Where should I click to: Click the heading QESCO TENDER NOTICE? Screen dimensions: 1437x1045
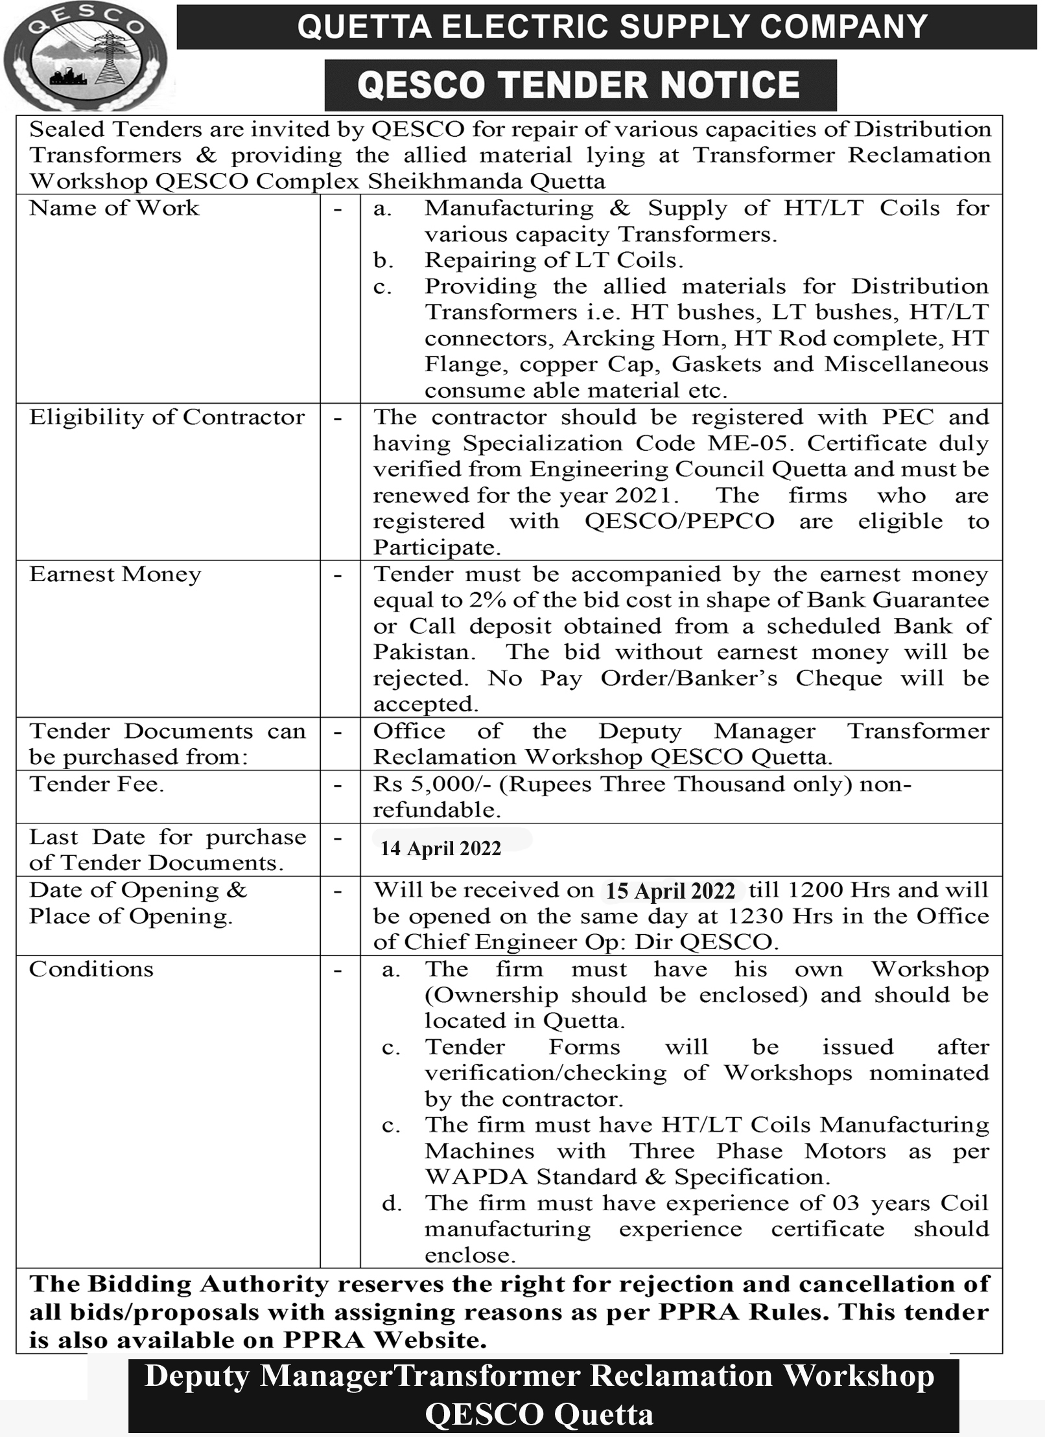point(579,86)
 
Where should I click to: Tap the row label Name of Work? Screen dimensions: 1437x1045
point(114,209)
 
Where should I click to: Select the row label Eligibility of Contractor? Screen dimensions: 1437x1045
point(167,417)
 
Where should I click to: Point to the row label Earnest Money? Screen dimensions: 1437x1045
point(115,575)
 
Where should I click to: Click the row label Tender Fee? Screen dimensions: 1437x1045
point(97,784)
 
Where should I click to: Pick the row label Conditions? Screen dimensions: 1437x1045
point(91,969)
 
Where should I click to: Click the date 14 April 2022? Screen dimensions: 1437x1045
point(441,849)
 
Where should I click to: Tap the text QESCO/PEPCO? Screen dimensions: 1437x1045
point(679,522)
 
